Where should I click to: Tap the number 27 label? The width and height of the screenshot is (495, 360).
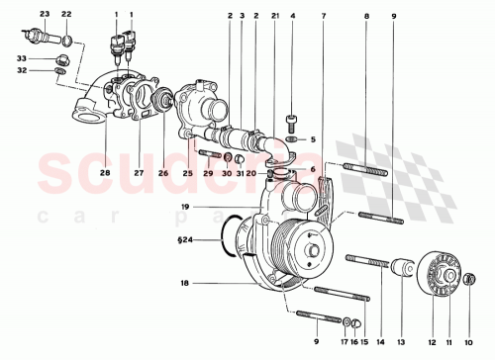(139, 173)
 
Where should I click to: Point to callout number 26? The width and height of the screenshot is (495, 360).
(162, 173)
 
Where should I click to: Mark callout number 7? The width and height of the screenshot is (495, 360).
(324, 17)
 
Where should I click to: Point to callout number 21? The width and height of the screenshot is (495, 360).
(275, 17)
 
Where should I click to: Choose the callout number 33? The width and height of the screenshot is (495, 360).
(21, 58)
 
